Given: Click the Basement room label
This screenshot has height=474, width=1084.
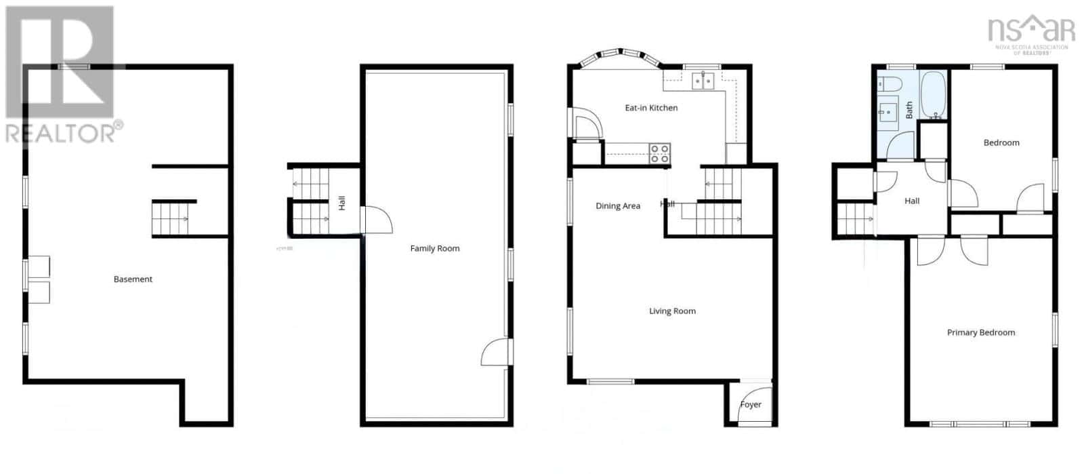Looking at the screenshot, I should (133, 279).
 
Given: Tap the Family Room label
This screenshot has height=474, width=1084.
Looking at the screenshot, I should (434, 249).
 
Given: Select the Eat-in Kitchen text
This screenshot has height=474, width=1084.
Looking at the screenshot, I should (650, 108).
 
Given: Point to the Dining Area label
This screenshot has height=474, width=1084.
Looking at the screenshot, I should (617, 206).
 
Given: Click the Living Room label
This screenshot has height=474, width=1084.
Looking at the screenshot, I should (672, 311).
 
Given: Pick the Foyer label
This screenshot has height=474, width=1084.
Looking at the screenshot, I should (750, 405).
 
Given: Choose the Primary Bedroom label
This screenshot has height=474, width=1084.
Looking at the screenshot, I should (980, 332).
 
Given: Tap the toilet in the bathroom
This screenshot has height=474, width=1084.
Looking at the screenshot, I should (890, 84).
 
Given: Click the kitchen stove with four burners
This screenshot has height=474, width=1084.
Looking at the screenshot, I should (660, 154).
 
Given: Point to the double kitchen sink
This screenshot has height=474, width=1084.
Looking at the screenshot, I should (703, 81).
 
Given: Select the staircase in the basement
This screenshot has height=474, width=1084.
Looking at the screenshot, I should (169, 219).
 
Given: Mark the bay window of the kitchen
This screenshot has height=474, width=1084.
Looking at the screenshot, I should (620, 56).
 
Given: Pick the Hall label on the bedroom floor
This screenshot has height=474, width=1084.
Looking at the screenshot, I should (911, 201).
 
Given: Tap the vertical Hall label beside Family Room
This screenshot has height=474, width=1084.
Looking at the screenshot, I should (342, 202).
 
